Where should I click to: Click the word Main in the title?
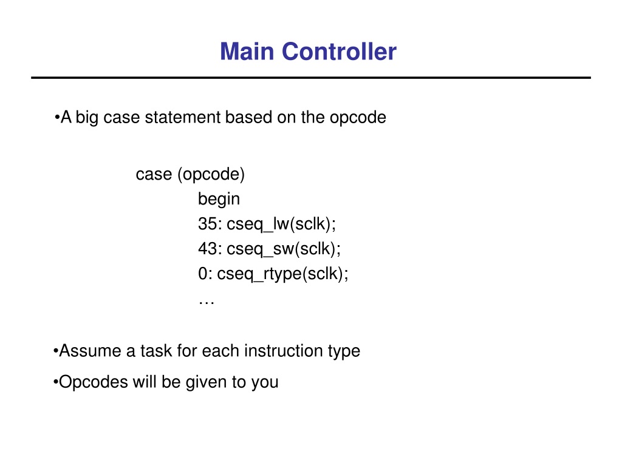coord(247,52)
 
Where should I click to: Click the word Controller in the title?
coord(339,52)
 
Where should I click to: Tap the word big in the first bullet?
coord(87,118)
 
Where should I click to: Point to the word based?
coord(248,117)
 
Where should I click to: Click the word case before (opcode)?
coord(154,175)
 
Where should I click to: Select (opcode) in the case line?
coord(211,175)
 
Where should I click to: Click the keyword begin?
coord(219,199)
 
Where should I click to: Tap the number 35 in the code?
coord(208,225)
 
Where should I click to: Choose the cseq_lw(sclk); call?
coord(281,225)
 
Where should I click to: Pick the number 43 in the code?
coord(208,249)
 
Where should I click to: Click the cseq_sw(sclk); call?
coord(284,249)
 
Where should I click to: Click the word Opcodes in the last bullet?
coord(93,383)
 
